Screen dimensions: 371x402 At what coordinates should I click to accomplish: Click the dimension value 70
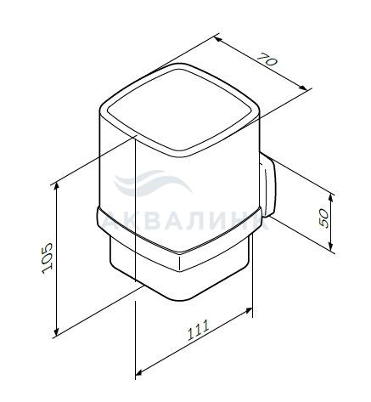click(x=267, y=59)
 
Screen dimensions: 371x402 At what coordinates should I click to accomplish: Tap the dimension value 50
click(x=324, y=218)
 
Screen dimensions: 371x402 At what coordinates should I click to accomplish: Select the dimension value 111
click(x=199, y=330)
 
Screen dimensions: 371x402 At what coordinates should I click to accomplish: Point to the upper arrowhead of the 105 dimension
click(x=57, y=187)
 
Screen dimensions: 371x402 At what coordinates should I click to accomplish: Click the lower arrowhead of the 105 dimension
click(x=57, y=331)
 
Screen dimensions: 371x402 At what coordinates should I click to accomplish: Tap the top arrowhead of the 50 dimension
click(x=331, y=199)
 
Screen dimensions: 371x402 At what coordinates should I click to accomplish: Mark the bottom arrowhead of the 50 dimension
click(x=331, y=246)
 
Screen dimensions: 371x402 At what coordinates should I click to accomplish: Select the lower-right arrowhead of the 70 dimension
click(x=302, y=88)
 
